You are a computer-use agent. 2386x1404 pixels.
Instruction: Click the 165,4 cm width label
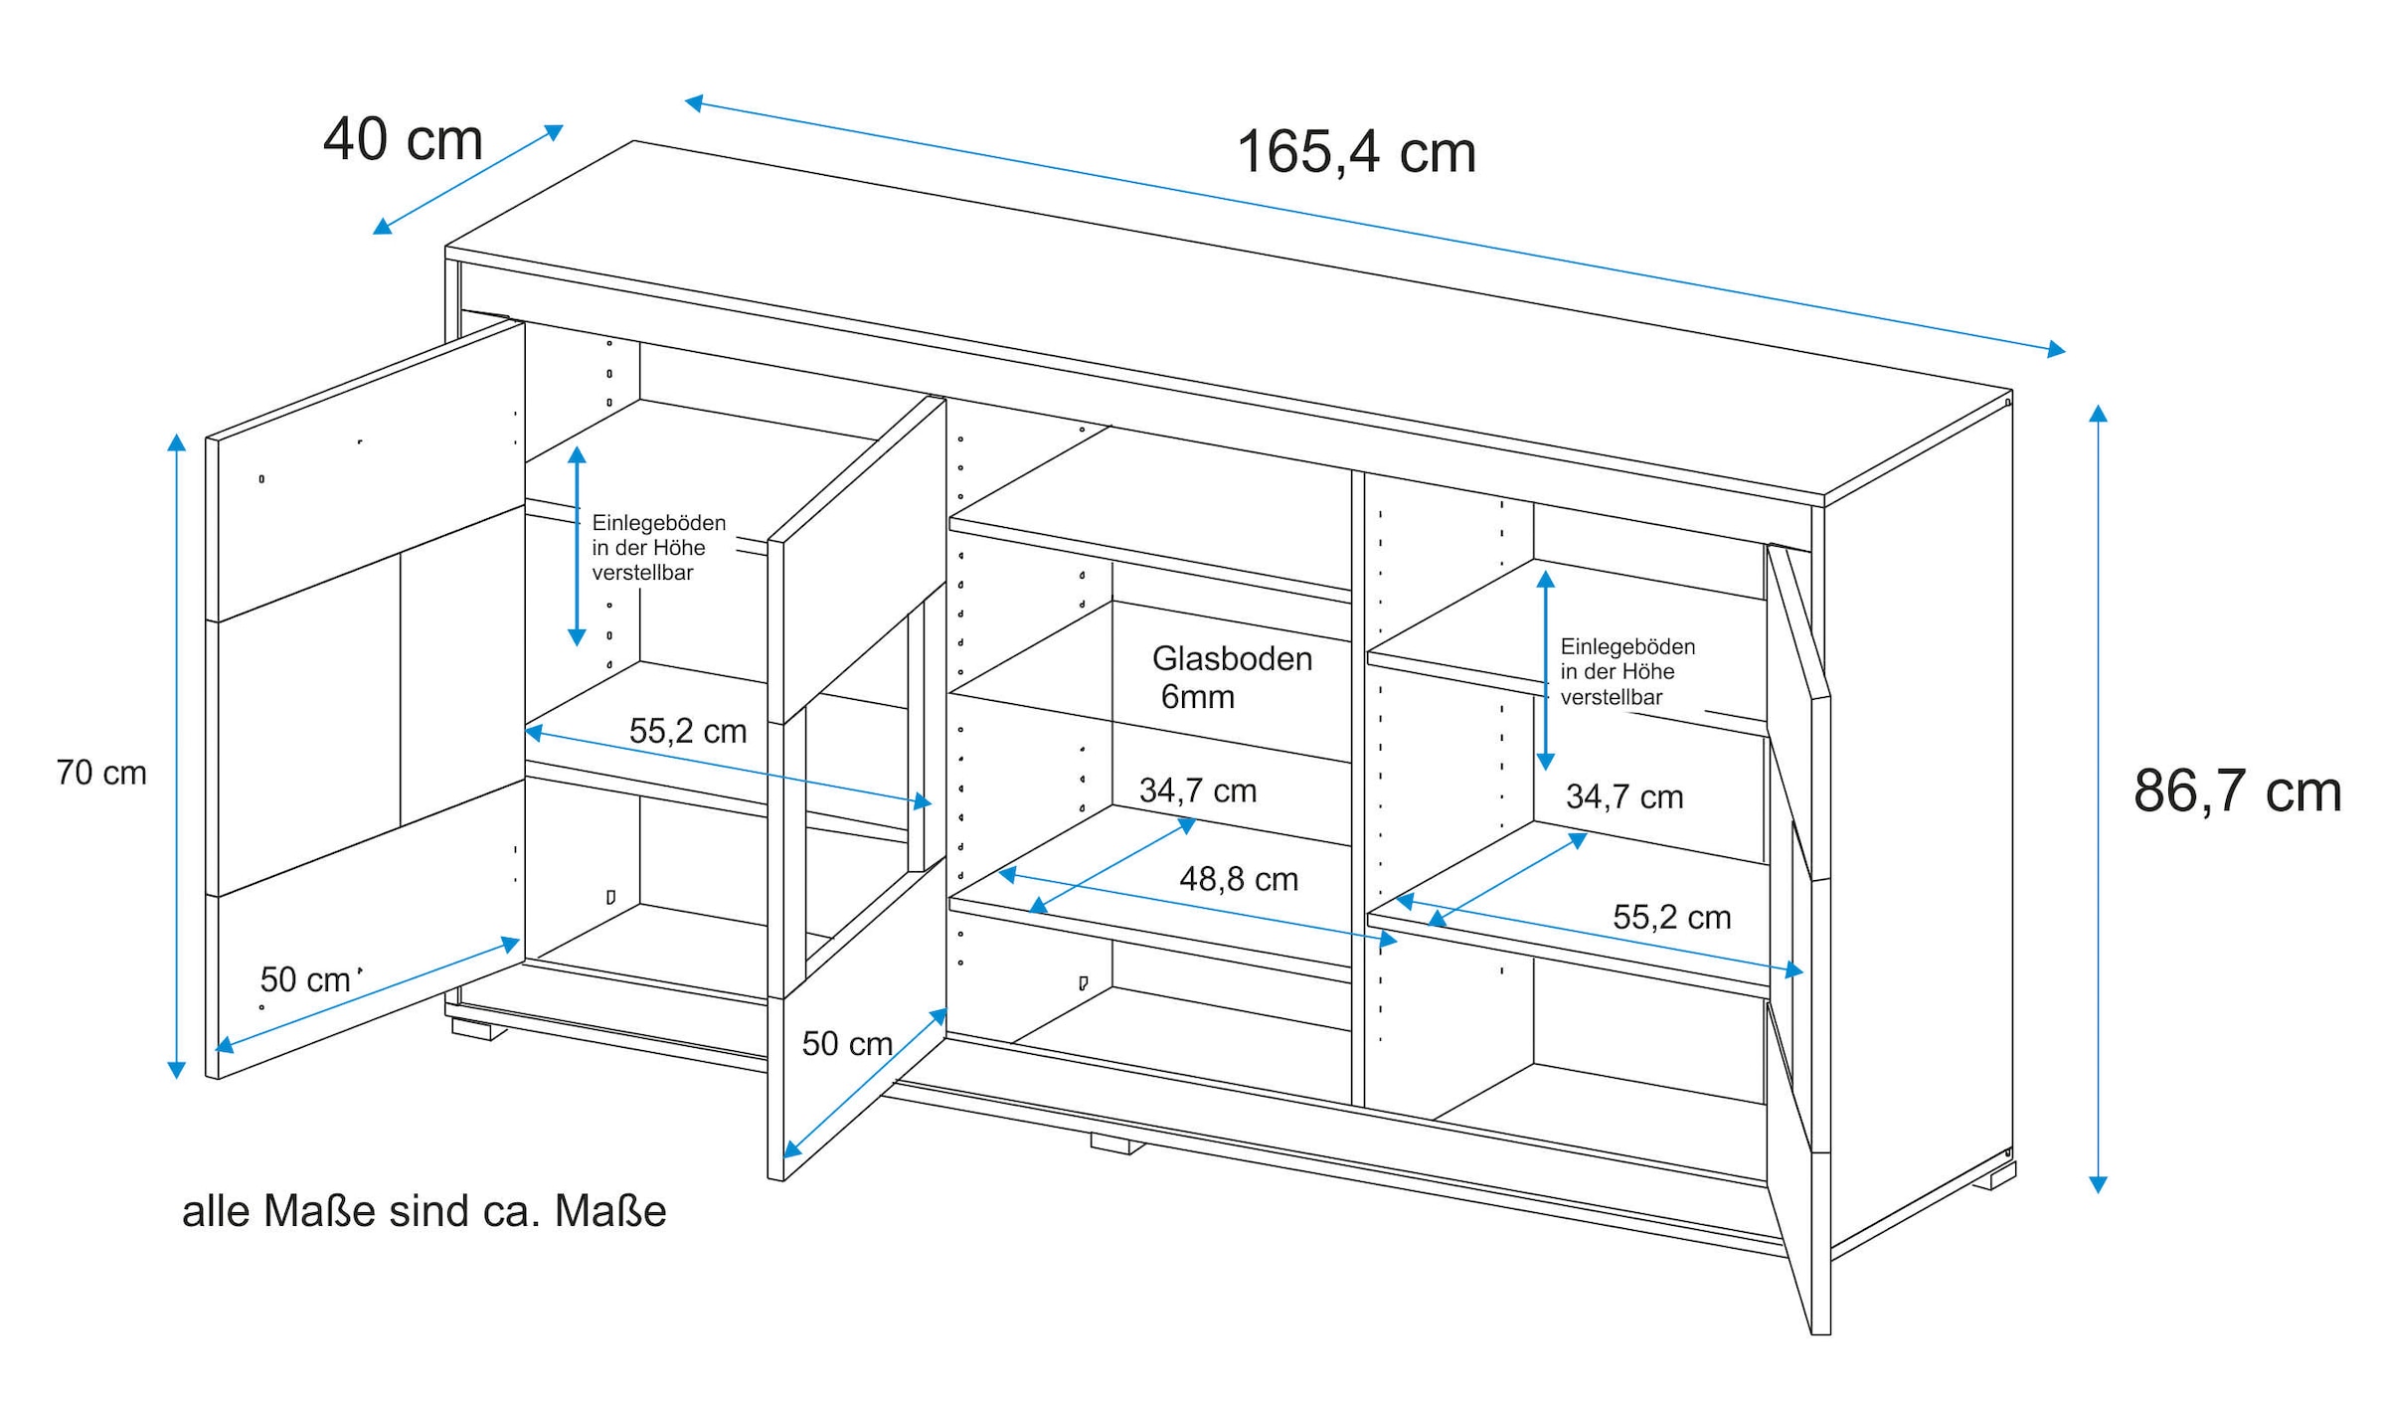coord(1356,152)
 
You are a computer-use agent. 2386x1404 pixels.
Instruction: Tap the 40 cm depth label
coord(403,139)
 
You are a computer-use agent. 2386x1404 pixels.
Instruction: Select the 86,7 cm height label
coord(2237,791)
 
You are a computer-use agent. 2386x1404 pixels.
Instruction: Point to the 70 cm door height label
coord(101,773)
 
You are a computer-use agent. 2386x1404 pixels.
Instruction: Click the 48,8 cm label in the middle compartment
coord(1239,879)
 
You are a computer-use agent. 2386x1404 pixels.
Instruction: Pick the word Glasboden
coord(1232,658)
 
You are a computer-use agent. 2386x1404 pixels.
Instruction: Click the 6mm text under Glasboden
coord(1197,697)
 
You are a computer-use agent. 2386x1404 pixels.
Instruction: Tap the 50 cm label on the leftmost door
coord(305,979)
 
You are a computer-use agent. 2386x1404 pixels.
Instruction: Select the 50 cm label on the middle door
coord(847,1043)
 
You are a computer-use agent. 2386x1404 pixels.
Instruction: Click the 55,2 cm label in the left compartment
coord(687,731)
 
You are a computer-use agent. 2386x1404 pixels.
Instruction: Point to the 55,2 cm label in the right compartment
coord(1671,917)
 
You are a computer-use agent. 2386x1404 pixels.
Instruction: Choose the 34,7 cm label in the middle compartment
coord(1197,790)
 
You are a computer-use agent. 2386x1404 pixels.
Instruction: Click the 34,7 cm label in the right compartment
coord(1624,796)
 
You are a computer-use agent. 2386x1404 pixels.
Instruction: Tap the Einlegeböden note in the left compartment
coord(658,547)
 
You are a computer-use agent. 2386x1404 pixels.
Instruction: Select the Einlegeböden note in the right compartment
coord(1626,671)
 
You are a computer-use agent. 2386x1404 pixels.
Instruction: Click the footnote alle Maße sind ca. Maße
coord(424,1211)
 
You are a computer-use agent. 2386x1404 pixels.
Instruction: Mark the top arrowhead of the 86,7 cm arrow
coord(2098,413)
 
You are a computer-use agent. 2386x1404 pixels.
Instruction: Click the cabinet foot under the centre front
coord(1115,1144)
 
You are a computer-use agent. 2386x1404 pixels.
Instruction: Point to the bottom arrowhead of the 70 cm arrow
coord(176,1071)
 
